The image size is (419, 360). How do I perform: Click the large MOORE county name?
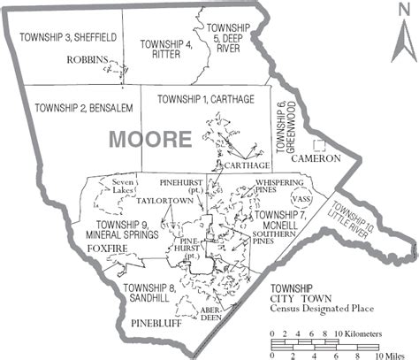[149, 139]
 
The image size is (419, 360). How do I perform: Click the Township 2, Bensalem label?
[78, 108]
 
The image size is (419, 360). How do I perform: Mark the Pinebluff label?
[158, 324]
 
